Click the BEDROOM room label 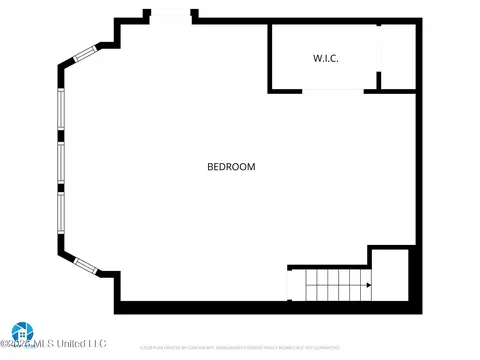point(231,167)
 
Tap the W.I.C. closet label point(326,59)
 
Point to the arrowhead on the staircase point(368,286)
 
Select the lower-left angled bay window point(86,264)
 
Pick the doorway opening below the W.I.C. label point(332,91)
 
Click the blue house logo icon point(21,332)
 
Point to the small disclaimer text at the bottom point(240,347)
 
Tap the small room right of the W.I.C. point(398,57)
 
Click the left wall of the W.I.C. point(270,57)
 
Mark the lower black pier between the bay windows point(61,186)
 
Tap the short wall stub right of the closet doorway point(371,91)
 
